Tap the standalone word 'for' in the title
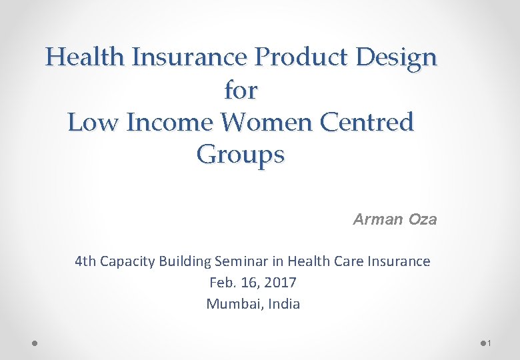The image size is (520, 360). [x=241, y=90]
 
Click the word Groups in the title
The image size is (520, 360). [x=241, y=155]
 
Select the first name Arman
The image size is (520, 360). [x=378, y=219]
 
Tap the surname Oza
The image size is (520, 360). [x=423, y=219]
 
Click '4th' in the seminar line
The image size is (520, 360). [x=85, y=261]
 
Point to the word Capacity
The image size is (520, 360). [x=127, y=261]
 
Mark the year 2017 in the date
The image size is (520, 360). [x=280, y=283]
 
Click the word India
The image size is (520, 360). [x=283, y=304]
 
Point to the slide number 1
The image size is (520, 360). [x=489, y=343]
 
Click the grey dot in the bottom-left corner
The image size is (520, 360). [x=35, y=343]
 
